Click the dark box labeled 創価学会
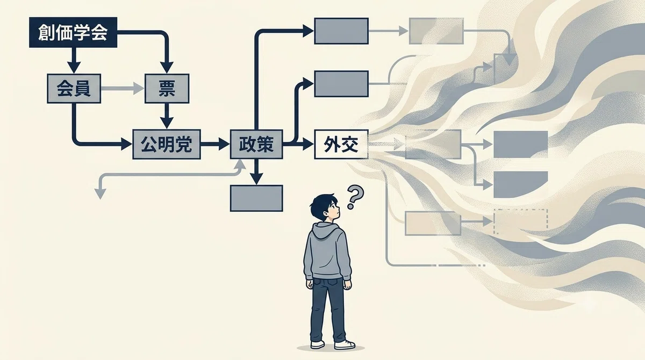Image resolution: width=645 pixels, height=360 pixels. (73, 32)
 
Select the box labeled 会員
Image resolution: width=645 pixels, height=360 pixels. (74, 88)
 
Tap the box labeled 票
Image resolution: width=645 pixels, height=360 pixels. (167, 88)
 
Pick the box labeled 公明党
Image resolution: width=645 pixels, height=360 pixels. (167, 144)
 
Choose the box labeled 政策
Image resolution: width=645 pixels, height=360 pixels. (256, 144)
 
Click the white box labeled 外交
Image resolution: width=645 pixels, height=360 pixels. (341, 144)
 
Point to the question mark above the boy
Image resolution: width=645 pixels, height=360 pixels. (355, 197)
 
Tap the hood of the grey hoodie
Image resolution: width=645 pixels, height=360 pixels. (328, 230)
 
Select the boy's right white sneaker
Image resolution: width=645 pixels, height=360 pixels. (345, 344)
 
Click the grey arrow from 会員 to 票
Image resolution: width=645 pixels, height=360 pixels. (123, 88)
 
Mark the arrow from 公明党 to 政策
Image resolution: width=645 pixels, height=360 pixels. (215, 144)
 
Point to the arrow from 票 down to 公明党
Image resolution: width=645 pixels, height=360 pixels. (167, 116)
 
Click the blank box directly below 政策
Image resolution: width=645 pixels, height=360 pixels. (256, 198)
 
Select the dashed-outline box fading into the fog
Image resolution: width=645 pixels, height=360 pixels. (521, 221)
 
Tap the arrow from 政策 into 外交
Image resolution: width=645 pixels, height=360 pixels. (299, 144)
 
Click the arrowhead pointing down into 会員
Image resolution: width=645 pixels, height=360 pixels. (74, 67)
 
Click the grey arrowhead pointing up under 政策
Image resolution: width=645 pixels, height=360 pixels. (240, 165)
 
